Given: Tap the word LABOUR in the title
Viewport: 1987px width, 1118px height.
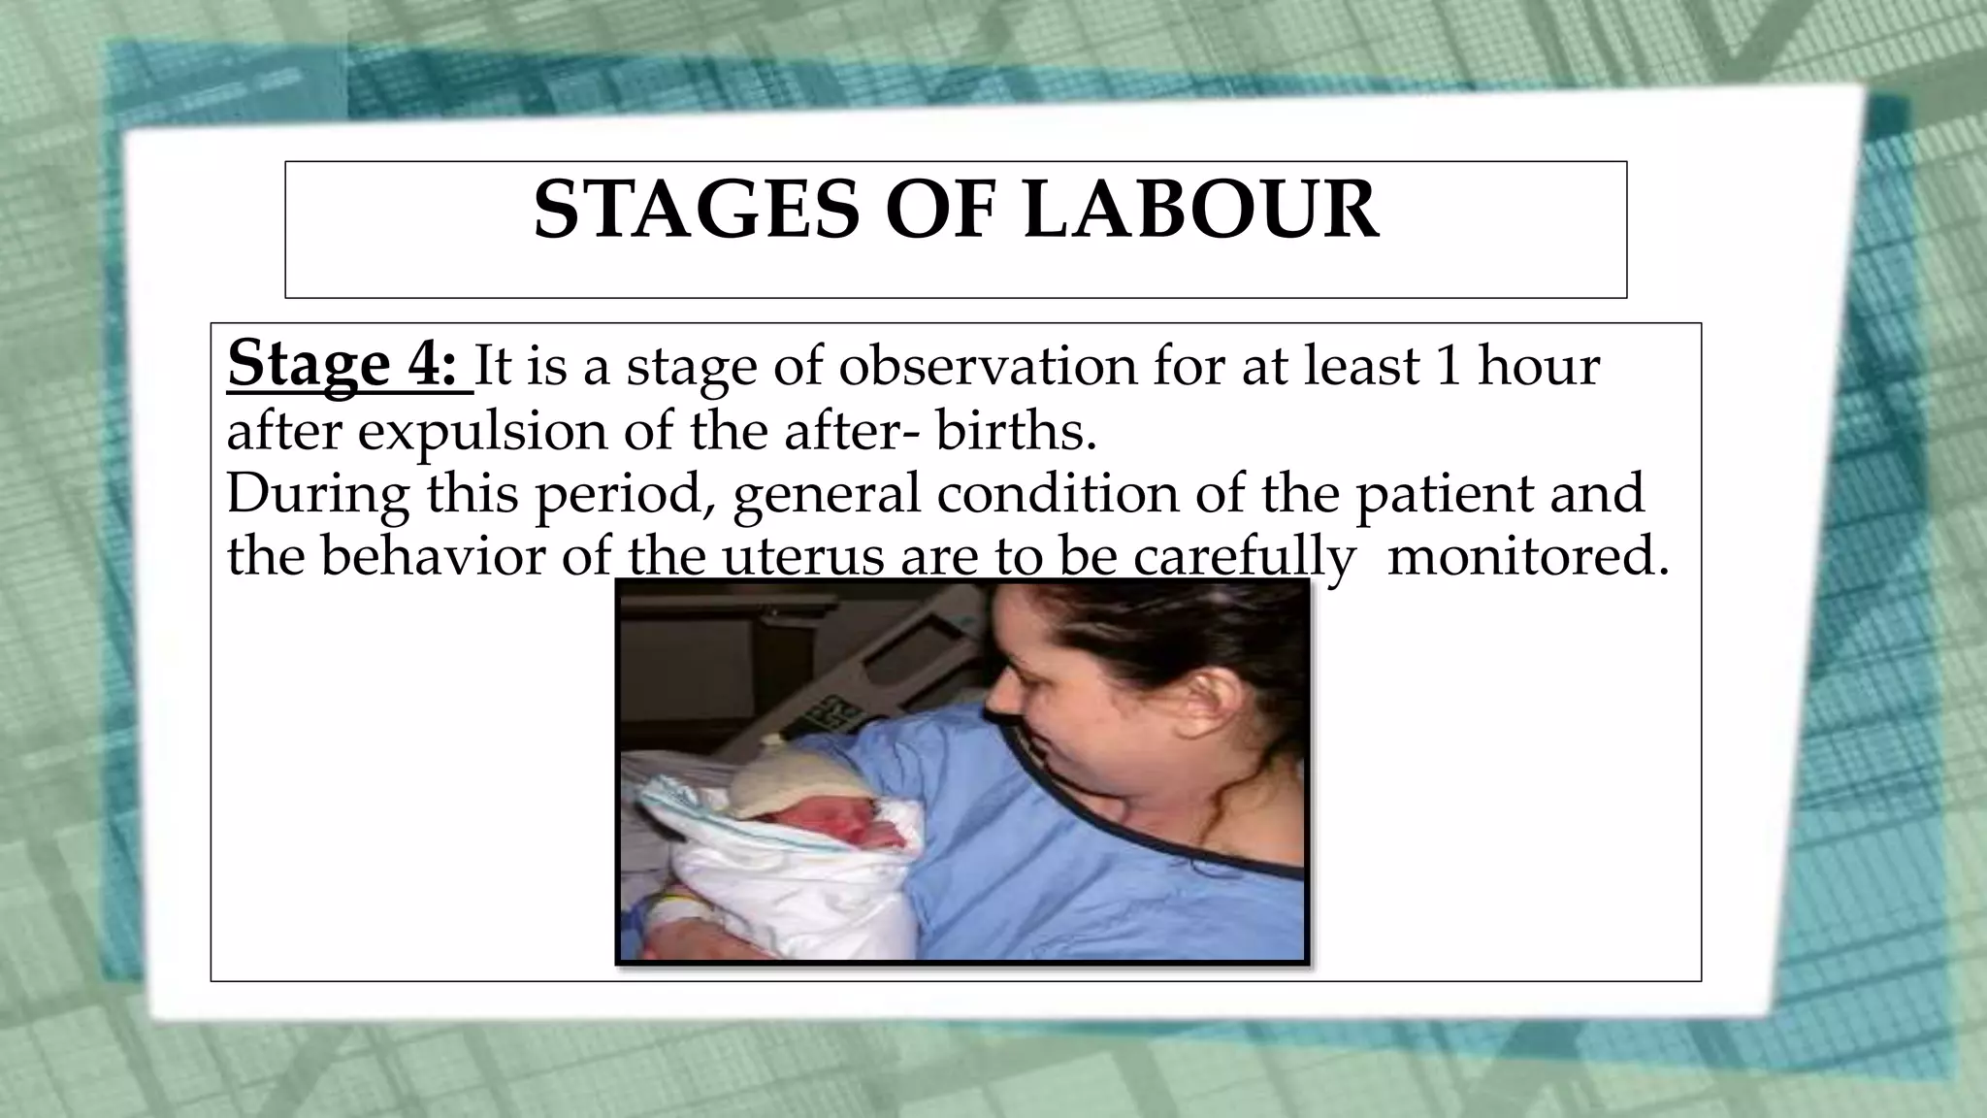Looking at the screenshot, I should click(1200, 211).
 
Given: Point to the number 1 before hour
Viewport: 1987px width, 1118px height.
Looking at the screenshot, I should click(1447, 366).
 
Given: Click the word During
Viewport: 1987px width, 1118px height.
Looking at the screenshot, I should click(317, 492).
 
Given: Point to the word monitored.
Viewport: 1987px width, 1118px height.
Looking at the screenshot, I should click(1528, 556).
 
